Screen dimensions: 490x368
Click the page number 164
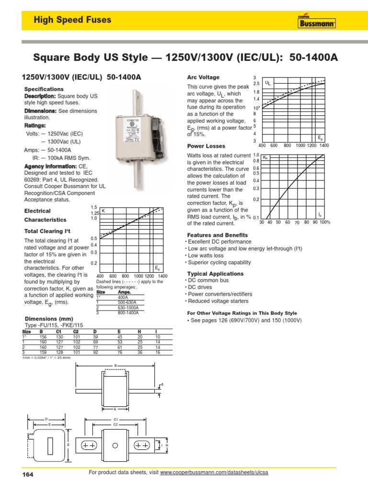(x=29, y=475)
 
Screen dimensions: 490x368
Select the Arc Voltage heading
(x=203, y=77)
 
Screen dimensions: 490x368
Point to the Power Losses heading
(x=206, y=146)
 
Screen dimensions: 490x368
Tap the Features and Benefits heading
(x=217, y=235)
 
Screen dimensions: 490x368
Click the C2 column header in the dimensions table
(x=75, y=332)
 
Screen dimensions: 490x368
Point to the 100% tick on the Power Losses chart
(x=325, y=223)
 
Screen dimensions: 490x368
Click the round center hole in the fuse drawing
(x=115, y=445)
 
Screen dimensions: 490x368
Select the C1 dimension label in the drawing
(x=115, y=419)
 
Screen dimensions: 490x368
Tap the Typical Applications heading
(x=215, y=274)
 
